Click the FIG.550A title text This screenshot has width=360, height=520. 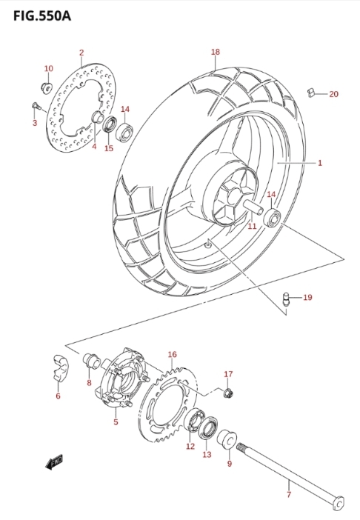[42, 16]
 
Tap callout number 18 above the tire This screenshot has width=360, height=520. [215, 52]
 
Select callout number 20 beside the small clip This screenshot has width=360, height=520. [333, 94]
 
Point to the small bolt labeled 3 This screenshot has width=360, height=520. [36, 106]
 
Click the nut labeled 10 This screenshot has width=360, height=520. [46, 87]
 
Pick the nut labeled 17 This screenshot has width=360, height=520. [229, 393]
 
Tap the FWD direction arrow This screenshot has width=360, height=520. [53, 462]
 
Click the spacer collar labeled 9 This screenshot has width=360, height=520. [227, 439]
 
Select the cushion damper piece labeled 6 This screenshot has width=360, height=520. [60, 367]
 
